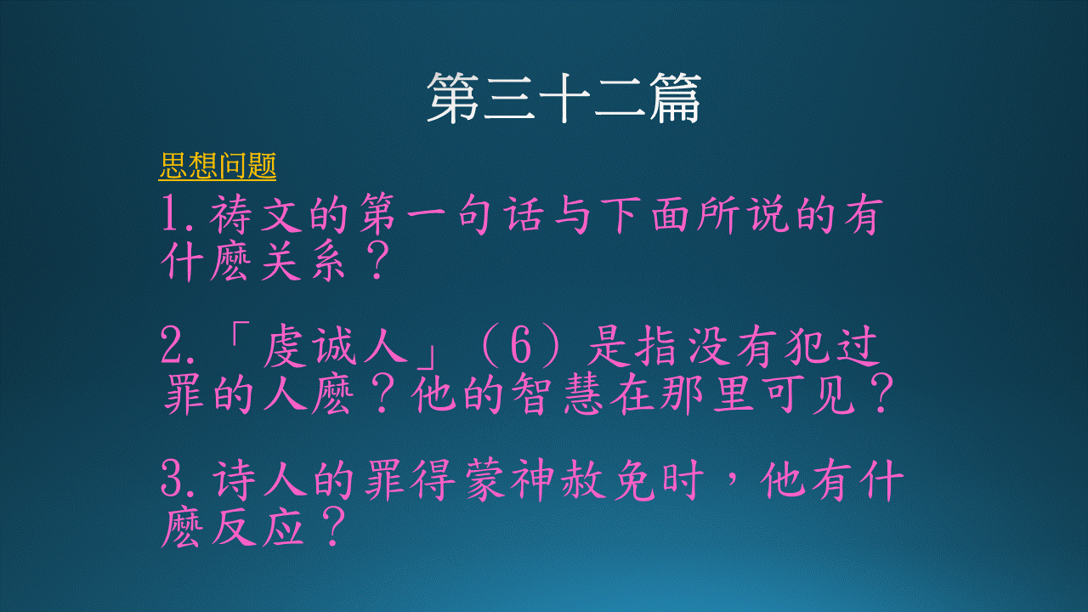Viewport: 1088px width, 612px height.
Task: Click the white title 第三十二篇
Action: pos(564,98)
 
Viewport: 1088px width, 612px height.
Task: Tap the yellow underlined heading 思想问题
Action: pos(217,166)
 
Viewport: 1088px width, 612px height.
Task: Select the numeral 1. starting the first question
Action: pos(178,212)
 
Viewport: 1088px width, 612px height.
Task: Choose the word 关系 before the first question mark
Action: pos(303,263)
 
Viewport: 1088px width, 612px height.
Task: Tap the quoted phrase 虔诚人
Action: pos(335,346)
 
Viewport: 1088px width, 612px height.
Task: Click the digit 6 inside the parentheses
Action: pos(520,346)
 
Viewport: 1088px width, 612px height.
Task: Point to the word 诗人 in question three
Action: pos(260,481)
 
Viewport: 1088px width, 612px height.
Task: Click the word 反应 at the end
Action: pos(258,528)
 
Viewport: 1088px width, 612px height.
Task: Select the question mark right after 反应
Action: pos(333,527)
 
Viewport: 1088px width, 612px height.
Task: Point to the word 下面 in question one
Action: pos(645,214)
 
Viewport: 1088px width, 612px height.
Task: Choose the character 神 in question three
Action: pos(532,480)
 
